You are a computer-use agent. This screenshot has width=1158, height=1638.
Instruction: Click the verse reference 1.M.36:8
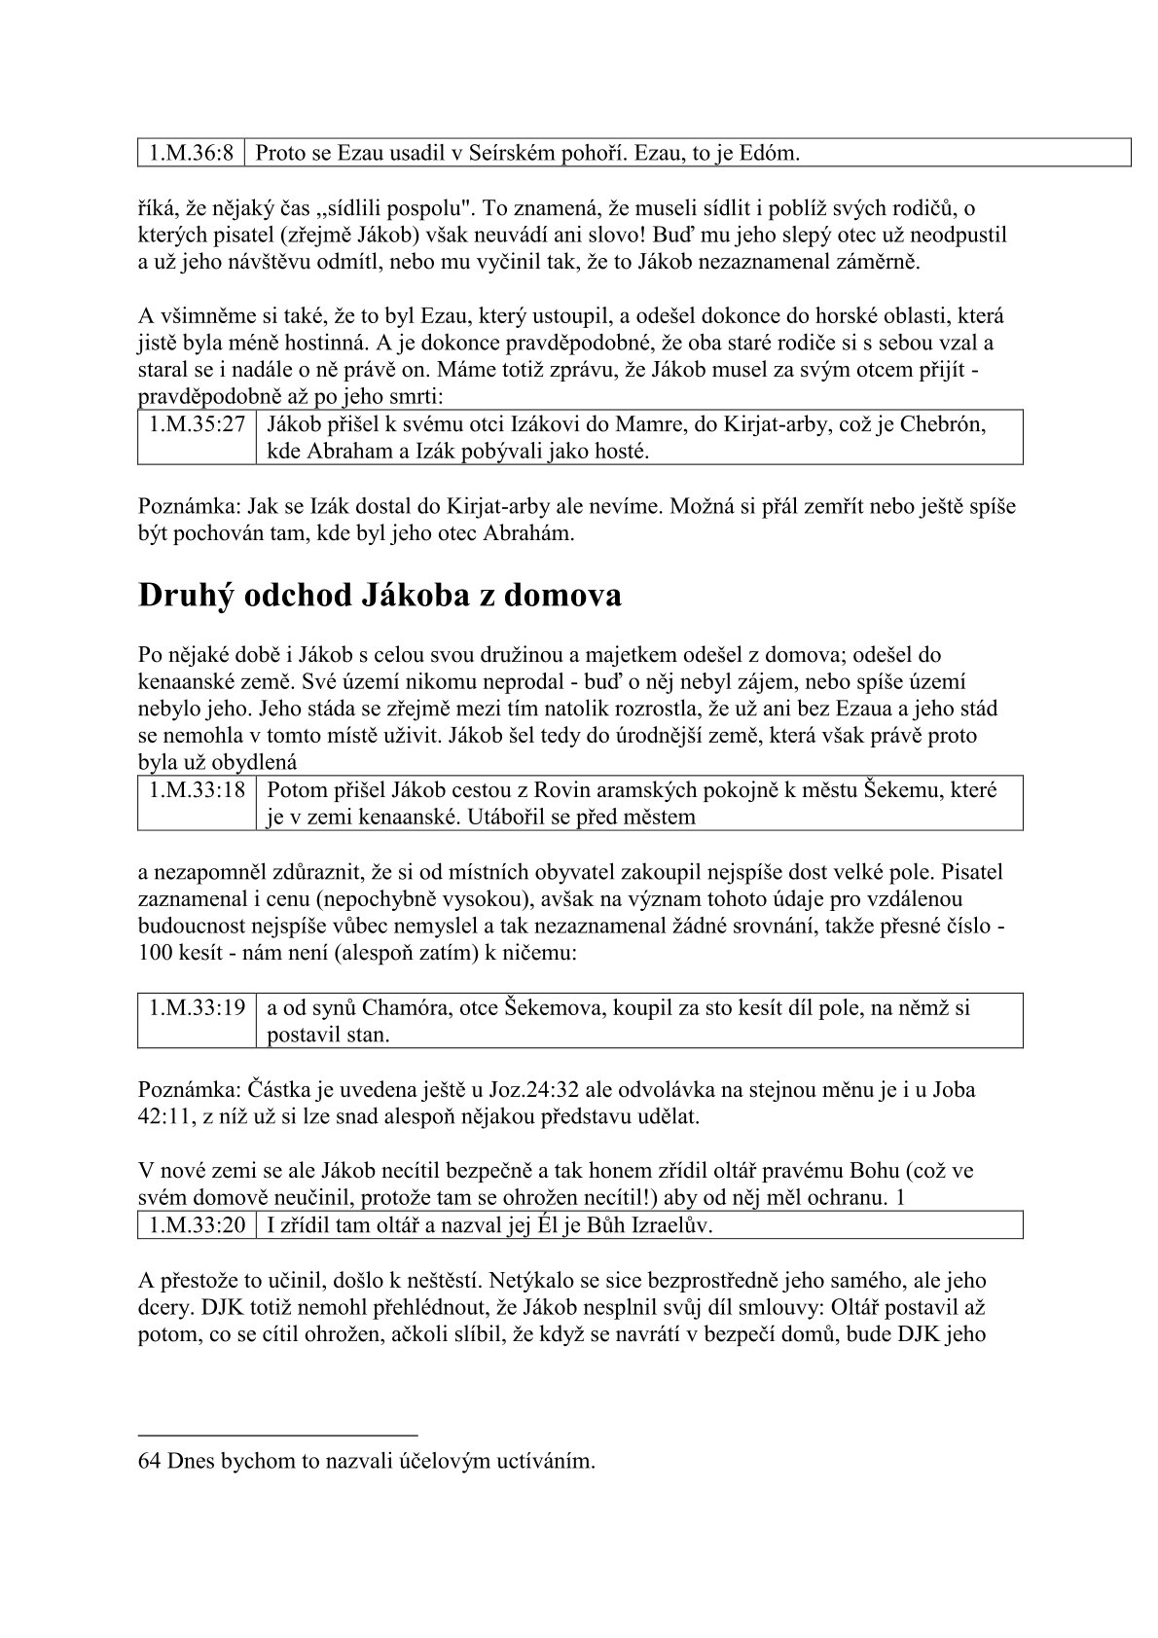(191, 152)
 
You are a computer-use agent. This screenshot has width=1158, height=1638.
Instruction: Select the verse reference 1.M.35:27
(197, 424)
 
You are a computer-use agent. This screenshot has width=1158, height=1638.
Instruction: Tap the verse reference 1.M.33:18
(197, 790)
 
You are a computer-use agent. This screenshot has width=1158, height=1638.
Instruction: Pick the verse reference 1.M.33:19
(197, 1008)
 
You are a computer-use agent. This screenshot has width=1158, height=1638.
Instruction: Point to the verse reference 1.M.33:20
(197, 1225)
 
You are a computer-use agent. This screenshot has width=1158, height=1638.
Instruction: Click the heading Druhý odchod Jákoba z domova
(380, 595)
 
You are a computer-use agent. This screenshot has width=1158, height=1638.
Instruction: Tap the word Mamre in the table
(619, 424)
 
